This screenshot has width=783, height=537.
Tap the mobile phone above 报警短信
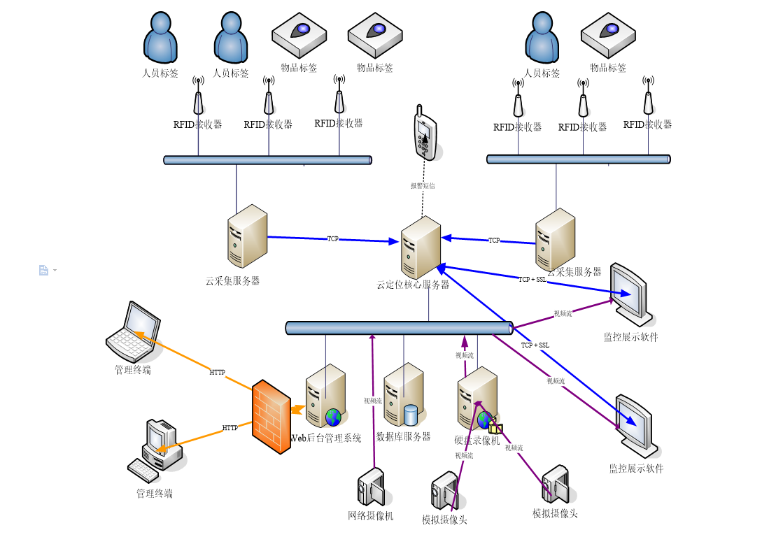tap(425, 134)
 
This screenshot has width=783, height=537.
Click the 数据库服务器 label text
tap(403, 437)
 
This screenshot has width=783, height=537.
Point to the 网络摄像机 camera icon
tap(371, 487)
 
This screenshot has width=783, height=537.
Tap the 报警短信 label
tap(423, 186)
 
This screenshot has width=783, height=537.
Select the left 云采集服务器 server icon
tap(247, 236)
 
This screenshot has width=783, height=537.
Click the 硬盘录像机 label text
tap(477, 441)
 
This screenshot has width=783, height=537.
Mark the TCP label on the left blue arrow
tap(333, 239)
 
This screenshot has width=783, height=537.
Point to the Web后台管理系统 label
tap(326, 438)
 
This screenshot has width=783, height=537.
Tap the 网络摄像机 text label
tap(371, 516)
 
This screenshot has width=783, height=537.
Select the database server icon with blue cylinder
tap(404, 395)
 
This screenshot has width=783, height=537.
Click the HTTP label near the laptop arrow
tap(218, 373)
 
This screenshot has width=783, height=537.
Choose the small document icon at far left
tap(43, 270)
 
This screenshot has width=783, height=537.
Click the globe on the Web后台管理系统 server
tap(333, 417)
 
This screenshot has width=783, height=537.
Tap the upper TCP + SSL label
tap(532, 280)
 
